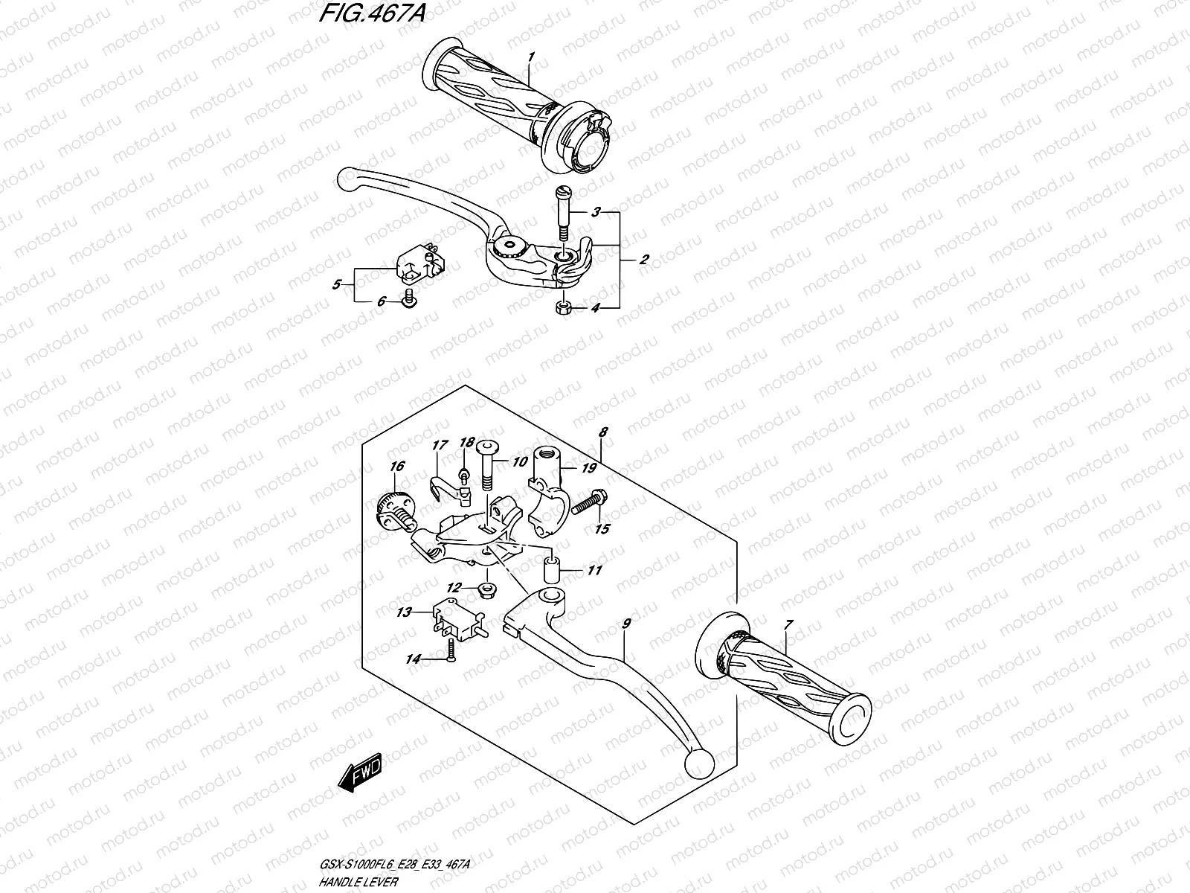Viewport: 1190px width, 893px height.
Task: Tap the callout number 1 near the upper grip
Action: click(x=530, y=57)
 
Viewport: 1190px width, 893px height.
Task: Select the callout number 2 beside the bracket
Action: click(x=644, y=260)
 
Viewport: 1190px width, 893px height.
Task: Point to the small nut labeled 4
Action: click(x=565, y=307)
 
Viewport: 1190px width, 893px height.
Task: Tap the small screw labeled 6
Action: click(x=408, y=300)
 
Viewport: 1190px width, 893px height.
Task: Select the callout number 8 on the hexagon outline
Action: click(x=603, y=432)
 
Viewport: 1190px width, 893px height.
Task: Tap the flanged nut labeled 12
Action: click(x=486, y=591)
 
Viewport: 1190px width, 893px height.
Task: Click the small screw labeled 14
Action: click(x=450, y=658)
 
